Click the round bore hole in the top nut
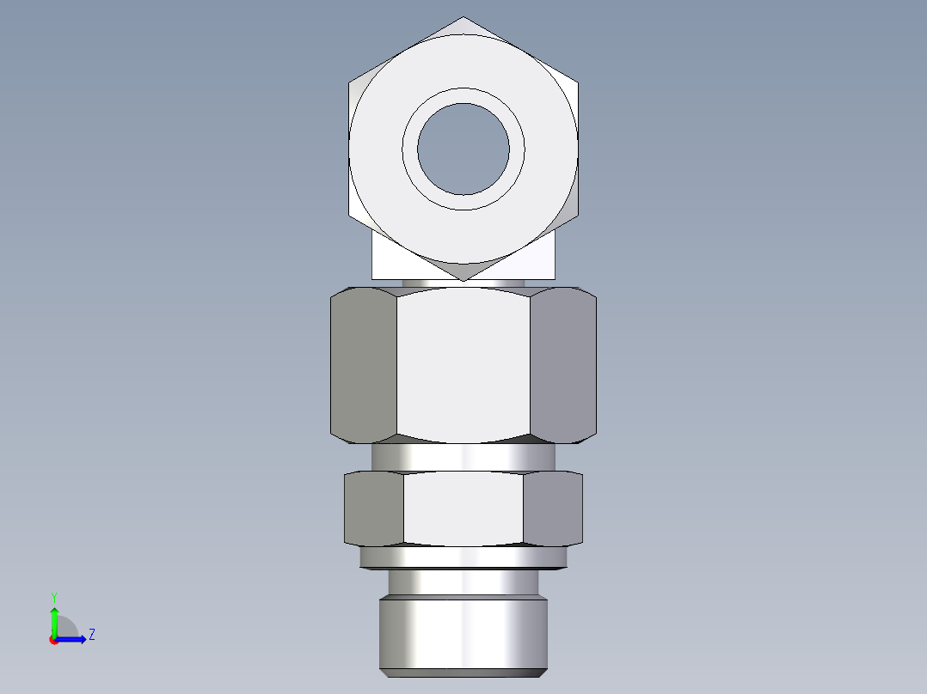point(463,149)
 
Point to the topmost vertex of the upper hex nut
point(463,17)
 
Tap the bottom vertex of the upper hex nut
point(463,280)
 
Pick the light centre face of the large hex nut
point(463,365)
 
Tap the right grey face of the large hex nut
point(562,365)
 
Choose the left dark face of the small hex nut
point(374,508)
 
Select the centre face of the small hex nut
point(463,508)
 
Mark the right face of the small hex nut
point(552,508)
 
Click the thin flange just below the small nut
point(463,557)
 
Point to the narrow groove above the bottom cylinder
point(463,582)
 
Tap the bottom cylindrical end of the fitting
point(463,634)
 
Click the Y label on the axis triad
point(53,596)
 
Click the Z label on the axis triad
point(91,635)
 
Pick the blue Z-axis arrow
point(74,639)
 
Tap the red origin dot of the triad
point(53,640)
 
